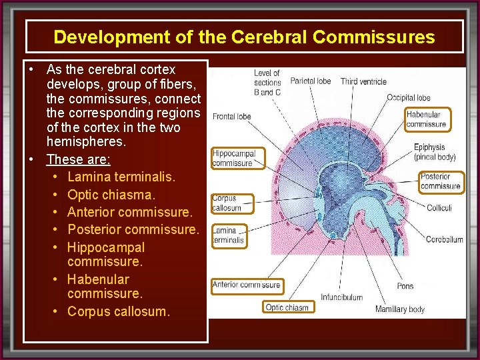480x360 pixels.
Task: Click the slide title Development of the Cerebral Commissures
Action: click(x=244, y=37)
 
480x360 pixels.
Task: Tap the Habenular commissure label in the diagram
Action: click(x=427, y=119)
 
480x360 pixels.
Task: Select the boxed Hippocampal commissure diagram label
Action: click(x=233, y=158)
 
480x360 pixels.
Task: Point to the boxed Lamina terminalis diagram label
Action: click(x=229, y=235)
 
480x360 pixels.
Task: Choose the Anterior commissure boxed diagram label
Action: click(x=246, y=285)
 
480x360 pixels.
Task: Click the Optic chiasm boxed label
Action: click(x=287, y=307)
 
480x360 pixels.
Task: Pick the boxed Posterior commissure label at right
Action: click(x=440, y=181)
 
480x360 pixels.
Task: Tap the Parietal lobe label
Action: click(x=311, y=81)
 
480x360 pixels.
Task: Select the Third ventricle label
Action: click(x=363, y=82)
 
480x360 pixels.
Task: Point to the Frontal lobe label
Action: click(x=232, y=117)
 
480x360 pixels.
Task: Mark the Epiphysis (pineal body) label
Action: click(x=434, y=152)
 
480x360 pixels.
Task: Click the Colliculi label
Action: click(x=439, y=208)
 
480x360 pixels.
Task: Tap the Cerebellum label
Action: click(x=444, y=240)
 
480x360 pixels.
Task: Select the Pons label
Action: click(x=405, y=286)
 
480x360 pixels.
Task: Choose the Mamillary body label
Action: click(x=400, y=309)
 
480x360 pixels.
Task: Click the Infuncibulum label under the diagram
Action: click(x=341, y=297)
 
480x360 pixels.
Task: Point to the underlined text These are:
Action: click(x=78, y=159)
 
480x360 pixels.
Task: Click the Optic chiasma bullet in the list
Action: click(x=111, y=195)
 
